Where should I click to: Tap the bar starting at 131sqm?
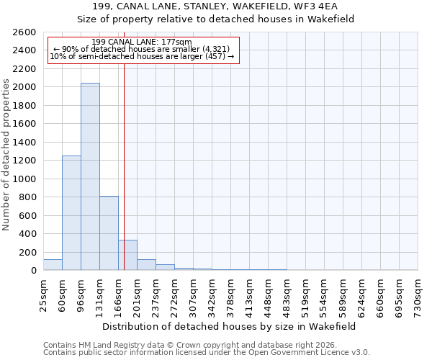(109, 233)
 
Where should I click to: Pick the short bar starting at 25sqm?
(53, 265)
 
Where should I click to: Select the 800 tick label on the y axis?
(28, 197)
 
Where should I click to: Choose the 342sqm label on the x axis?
(212, 294)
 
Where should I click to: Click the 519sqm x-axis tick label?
(305, 294)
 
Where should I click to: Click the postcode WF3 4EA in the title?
(327, 6)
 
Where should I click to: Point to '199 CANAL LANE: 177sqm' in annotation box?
(143, 42)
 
